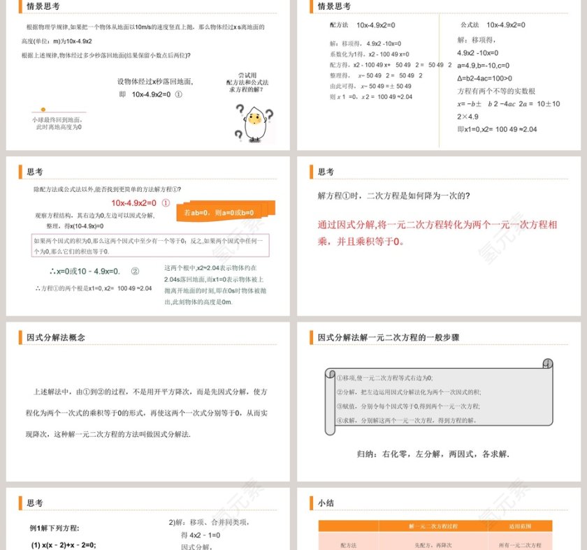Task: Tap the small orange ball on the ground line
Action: coord(43,110)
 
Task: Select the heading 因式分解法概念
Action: coord(56,338)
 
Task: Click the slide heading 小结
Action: coord(326,503)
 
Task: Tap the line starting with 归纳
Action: coord(433,454)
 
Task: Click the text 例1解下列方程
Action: coord(55,528)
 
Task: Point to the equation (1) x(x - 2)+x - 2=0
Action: coord(63,544)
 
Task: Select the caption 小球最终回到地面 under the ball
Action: coord(57,119)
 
